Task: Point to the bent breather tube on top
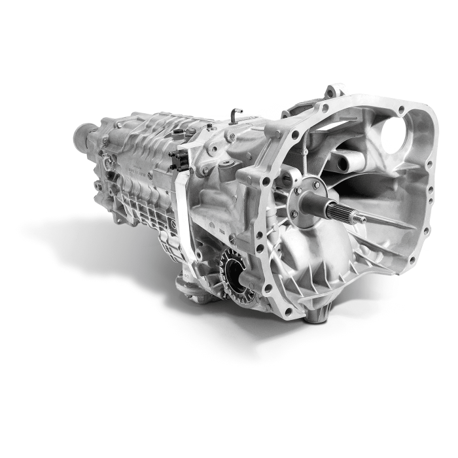(x=235, y=116)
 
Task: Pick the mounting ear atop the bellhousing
(x=334, y=91)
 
